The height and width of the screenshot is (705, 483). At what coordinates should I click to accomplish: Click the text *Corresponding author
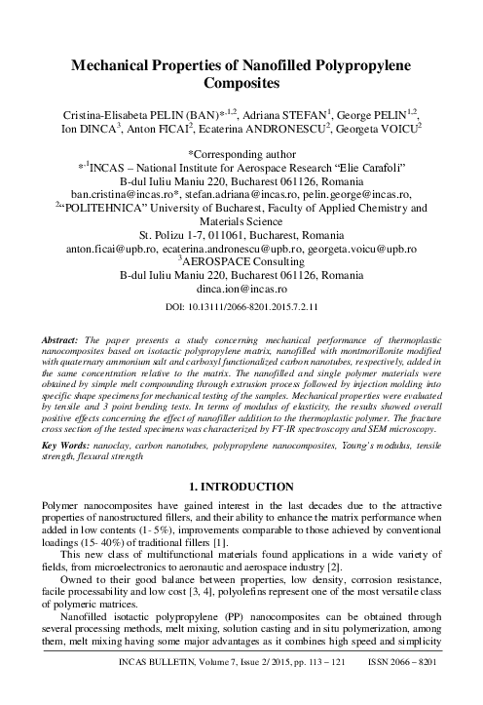[x=241, y=154]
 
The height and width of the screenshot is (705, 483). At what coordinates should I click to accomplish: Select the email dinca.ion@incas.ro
[x=241, y=289]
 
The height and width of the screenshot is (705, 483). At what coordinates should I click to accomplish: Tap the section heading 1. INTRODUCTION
[x=241, y=454]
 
